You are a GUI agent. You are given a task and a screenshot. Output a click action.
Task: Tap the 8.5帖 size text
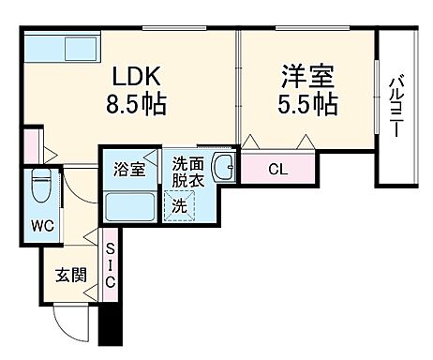click(141, 102)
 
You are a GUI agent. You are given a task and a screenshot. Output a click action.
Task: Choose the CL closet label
click(277, 170)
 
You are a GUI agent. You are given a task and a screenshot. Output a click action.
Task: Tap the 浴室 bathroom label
click(130, 170)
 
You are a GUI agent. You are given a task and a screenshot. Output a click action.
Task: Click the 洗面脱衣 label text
click(186, 170)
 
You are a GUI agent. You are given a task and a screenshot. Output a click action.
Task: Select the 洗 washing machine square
click(178, 202)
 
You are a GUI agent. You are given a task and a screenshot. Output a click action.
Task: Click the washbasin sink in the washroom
click(225, 169)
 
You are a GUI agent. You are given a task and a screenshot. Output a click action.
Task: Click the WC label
click(42, 225)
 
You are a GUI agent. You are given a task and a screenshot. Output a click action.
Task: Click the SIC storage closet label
click(110, 264)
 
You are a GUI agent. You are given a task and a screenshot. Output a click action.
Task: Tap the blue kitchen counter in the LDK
click(62, 48)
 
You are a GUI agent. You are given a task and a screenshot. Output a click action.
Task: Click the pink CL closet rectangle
click(278, 170)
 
